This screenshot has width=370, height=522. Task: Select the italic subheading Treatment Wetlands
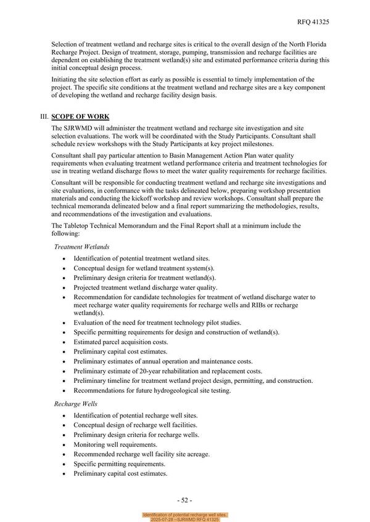point(82,246)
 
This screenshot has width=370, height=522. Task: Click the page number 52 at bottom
point(184,499)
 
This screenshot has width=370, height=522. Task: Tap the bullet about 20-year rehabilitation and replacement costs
point(168,371)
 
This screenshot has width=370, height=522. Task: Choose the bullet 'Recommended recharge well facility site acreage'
point(142,454)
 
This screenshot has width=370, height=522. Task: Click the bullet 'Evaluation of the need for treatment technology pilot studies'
point(157,323)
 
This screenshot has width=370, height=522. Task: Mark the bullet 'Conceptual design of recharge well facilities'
point(136,425)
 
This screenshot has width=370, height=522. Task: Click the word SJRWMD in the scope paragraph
point(80,127)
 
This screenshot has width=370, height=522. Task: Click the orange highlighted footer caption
point(185,516)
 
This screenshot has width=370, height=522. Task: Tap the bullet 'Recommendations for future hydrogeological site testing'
point(152,390)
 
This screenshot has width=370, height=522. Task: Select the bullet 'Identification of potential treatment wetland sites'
point(142,259)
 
